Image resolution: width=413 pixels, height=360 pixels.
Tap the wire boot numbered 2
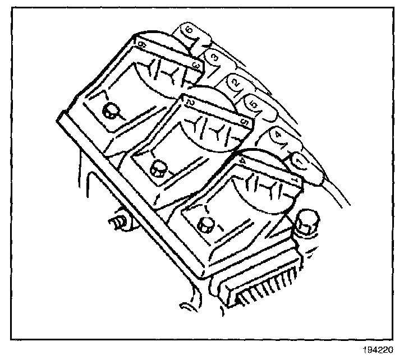[x=236, y=83]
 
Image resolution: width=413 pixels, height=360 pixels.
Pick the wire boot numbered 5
[x=253, y=104]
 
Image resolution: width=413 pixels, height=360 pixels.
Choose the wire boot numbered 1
[x=299, y=160]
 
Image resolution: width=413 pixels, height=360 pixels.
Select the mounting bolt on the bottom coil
[x=205, y=224]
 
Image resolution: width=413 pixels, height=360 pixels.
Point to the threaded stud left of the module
[x=117, y=221]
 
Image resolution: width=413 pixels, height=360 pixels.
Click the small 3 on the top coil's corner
[x=196, y=66]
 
